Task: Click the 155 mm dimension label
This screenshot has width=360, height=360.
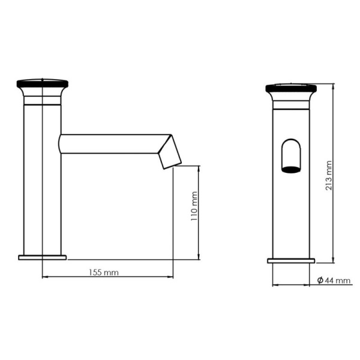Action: coord(104,272)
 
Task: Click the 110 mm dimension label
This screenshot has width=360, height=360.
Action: coord(194,206)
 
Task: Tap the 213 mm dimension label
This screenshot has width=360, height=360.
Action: coord(329,176)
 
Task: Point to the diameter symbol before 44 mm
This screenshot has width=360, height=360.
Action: coord(320,280)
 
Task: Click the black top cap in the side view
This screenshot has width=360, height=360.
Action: coord(43,83)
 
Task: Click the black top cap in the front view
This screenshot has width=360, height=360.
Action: coord(291,88)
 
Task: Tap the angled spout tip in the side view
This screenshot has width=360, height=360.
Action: coord(169,152)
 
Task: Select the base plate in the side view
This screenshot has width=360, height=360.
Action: coord(43,257)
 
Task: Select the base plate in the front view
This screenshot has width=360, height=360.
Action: coord(291,261)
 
